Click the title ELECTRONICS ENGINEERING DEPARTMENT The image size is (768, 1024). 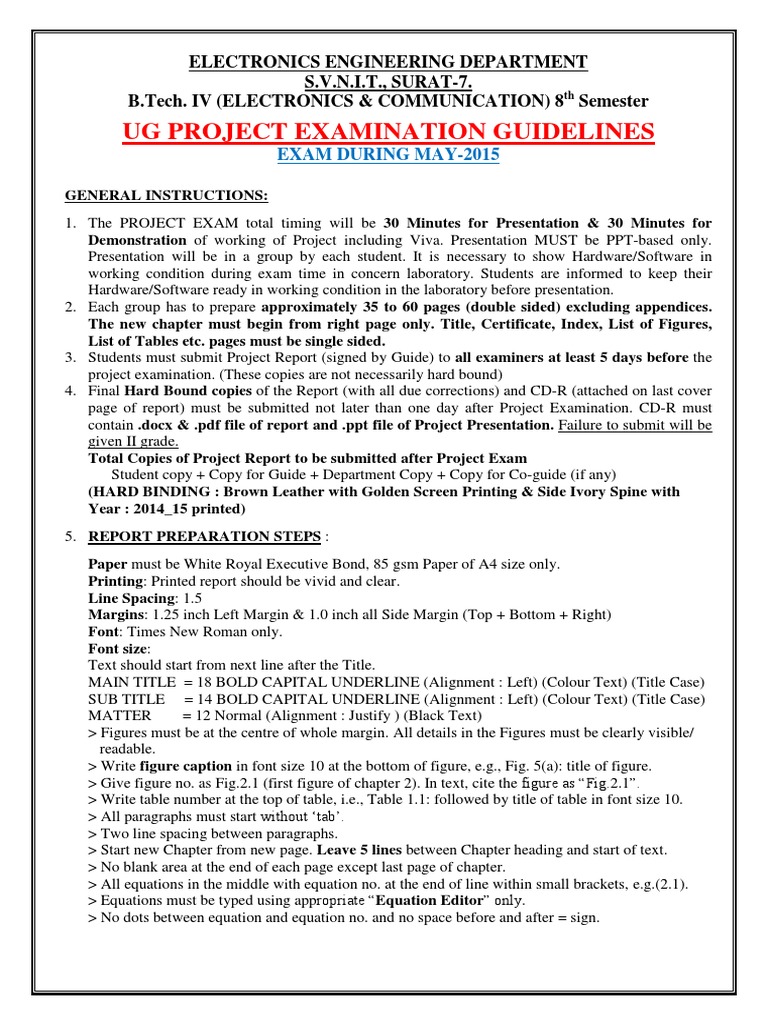tap(389, 63)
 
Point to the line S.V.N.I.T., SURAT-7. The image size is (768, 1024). tap(389, 81)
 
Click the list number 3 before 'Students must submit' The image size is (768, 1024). tap(71, 357)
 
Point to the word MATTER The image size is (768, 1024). tap(120, 716)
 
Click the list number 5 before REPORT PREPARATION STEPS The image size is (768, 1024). tap(71, 537)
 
